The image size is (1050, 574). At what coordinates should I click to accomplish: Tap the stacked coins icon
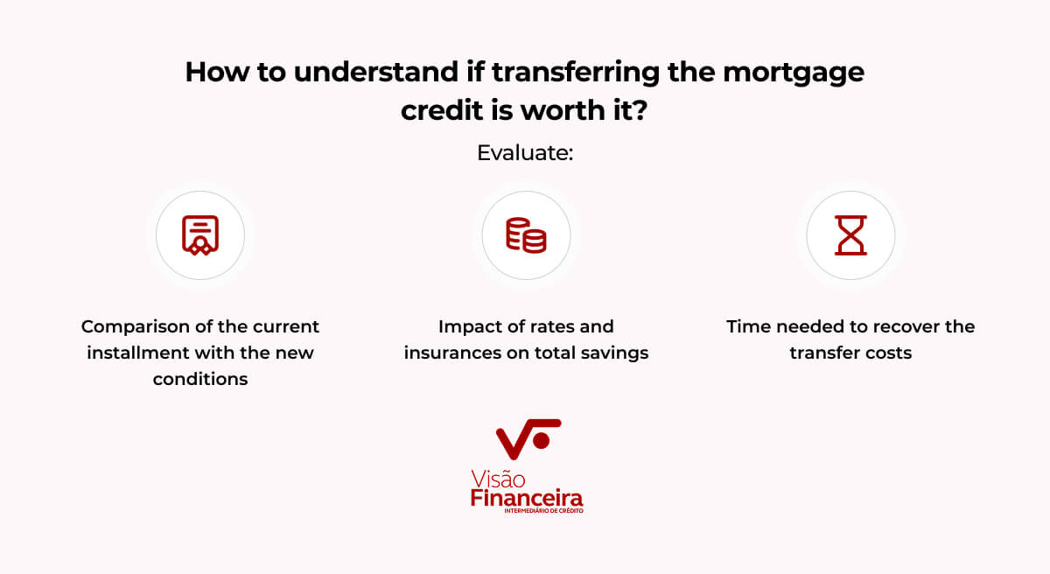[x=526, y=235]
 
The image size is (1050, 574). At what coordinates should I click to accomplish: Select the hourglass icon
[x=850, y=235]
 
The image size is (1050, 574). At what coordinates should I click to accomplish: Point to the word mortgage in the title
[x=794, y=74]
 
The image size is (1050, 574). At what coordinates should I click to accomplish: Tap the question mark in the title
[x=639, y=110]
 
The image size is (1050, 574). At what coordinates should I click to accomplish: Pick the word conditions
[x=200, y=379]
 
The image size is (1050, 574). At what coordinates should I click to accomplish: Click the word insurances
[x=451, y=353]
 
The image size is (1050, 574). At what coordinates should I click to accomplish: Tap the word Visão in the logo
[x=498, y=479]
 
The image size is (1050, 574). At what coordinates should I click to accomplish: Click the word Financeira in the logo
[x=527, y=498]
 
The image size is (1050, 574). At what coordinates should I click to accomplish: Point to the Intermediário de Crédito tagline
[x=543, y=511]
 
